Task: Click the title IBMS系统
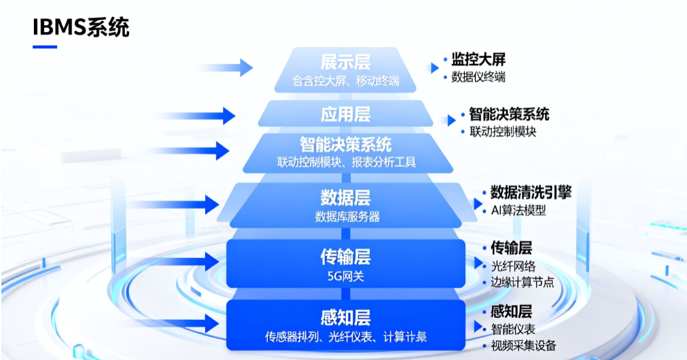coord(81,28)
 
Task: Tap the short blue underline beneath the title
coord(45,47)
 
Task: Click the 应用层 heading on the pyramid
coord(345,113)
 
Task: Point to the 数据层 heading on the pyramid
coord(345,198)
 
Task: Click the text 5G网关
coord(345,276)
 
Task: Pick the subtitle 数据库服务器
coord(347,217)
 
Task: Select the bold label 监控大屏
coord(478,60)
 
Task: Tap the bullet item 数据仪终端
coord(478,77)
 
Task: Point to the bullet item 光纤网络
coord(513,266)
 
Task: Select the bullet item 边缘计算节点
coord(523,282)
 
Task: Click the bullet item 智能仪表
coord(513,329)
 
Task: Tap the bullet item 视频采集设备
coord(523,346)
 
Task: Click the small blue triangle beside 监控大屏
coord(434,67)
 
